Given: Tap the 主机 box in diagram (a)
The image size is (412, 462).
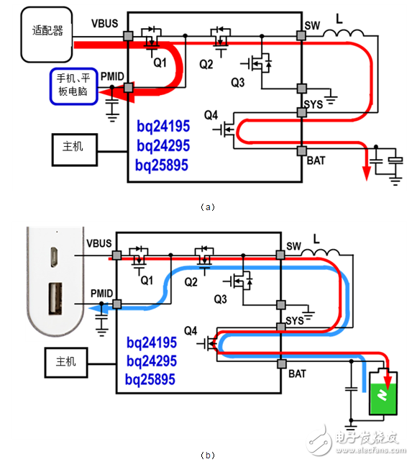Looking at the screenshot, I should point(73,146).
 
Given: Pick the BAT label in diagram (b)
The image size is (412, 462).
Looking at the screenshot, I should point(296,374).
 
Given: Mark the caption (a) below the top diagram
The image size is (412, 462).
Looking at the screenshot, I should point(206,207).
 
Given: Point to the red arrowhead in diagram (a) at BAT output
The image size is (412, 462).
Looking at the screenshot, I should point(366,173).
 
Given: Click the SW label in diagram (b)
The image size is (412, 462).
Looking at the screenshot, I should point(296,246).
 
